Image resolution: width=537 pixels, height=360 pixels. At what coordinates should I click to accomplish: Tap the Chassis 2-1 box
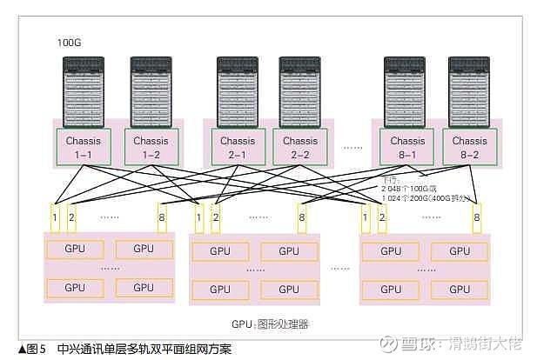237,146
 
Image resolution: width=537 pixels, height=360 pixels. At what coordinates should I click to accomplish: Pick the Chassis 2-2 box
299,146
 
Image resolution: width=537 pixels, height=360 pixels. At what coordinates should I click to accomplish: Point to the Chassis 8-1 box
407,146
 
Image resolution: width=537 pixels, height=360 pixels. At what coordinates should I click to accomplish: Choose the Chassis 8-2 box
471,146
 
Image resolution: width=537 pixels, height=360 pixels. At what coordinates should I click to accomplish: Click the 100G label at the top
70,42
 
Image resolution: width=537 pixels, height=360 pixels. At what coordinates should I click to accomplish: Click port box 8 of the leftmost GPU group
161,217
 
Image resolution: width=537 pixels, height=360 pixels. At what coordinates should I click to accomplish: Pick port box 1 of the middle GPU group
199,217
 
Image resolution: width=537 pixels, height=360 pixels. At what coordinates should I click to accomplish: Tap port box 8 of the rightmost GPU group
476,217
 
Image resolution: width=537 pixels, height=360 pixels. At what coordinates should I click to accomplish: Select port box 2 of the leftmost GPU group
71,217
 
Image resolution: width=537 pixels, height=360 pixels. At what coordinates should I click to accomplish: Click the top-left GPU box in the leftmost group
75,249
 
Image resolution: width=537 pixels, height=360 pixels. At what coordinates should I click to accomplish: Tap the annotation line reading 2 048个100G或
414,187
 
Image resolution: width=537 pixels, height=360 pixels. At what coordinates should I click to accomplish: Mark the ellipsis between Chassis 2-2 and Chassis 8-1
353,148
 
